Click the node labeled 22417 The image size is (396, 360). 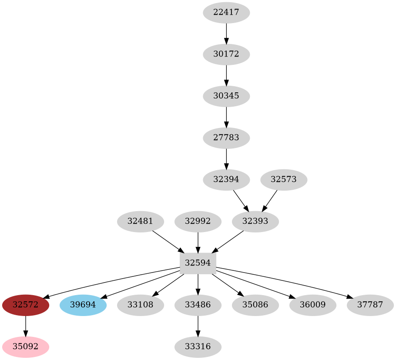pos(226,13)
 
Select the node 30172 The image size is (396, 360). pos(226,54)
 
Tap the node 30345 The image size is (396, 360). pos(226,96)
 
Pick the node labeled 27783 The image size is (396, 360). pos(226,138)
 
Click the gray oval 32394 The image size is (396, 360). pos(226,179)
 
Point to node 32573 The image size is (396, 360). pos(284,179)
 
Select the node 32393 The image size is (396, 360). pos(255,221)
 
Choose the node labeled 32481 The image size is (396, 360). pos(140,221)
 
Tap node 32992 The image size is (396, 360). pos(198,221)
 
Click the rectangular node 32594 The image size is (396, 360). pos(198,263)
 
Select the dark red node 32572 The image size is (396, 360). pos(25,305)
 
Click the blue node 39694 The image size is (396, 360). pos(83,305)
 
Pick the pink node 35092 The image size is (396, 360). pos(25,347)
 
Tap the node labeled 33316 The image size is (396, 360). pos(198,347)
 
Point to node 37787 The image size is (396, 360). pos(370,305)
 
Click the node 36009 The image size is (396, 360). pos(312,305)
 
